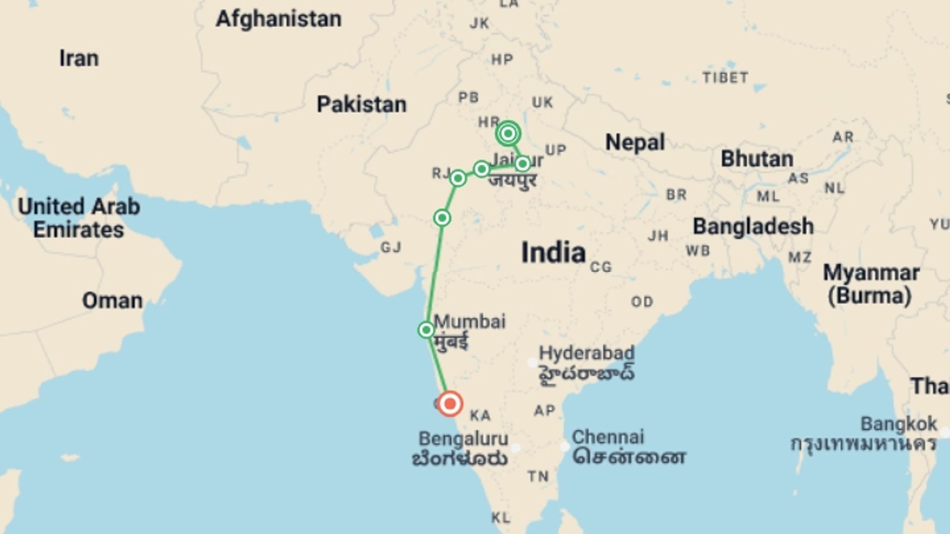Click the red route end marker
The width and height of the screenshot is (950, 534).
click(x=450, y=404)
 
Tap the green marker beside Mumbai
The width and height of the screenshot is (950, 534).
click(x=426, y=330)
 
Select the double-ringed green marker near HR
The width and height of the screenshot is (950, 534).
click(x=508, y=133)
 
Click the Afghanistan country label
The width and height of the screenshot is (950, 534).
click(x=279, y=19)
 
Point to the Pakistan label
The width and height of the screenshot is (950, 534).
click(x=362, y=104)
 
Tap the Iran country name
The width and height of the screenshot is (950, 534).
click(x=79, y=58)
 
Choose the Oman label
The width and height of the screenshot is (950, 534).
click(x=112, y=301)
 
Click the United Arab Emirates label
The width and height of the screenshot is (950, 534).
click(x=79, y=218)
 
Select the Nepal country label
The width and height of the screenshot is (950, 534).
click(x=635, y=142)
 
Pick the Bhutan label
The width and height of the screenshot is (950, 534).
click(x=757, y=159)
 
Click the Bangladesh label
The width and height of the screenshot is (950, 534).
click(x=753, y=226)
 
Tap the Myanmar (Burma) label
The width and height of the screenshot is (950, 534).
click(x=871, y=284)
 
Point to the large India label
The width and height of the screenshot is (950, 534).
click(x=553, y=253)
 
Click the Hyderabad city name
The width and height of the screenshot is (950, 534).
click(x=586, y=353)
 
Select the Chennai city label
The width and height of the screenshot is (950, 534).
click(x=608, y=437)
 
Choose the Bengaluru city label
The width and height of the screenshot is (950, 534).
click(x=463, y=439)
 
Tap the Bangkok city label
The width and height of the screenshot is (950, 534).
click(x=899, y=424)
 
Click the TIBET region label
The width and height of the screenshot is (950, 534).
click(x=725, y=78)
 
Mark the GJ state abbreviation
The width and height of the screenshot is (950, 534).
click(x=391, y=247)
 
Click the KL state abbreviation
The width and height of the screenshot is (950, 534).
click(x=501, y=518)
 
